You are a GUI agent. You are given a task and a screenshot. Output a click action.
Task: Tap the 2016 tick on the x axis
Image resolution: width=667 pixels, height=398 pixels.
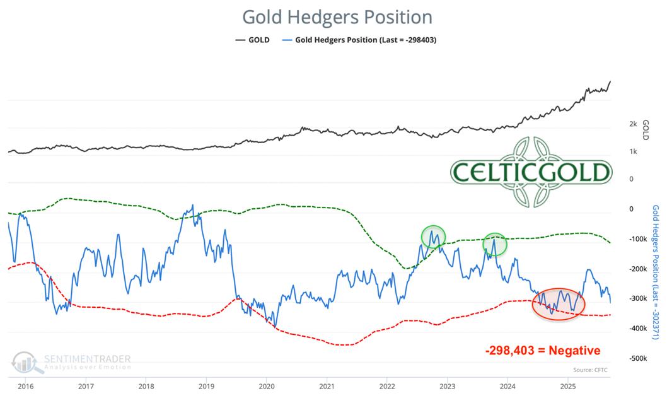26,385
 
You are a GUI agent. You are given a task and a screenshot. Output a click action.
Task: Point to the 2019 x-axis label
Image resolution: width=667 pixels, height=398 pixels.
206,385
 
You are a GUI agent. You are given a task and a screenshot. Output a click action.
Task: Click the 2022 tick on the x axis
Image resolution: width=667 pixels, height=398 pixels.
387,385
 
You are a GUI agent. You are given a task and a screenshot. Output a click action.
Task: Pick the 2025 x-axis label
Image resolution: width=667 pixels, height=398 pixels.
568,385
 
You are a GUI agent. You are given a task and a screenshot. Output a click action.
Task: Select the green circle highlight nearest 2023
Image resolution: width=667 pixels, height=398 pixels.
433,237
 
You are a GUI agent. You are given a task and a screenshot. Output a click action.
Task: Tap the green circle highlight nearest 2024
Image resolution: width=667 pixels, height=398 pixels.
495,243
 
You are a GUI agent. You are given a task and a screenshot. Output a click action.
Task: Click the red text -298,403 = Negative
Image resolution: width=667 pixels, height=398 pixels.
543,350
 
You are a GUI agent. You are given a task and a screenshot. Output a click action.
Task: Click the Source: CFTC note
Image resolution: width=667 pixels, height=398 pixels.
590,370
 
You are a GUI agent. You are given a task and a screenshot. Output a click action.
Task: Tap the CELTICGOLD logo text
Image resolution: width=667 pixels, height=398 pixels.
531,172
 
